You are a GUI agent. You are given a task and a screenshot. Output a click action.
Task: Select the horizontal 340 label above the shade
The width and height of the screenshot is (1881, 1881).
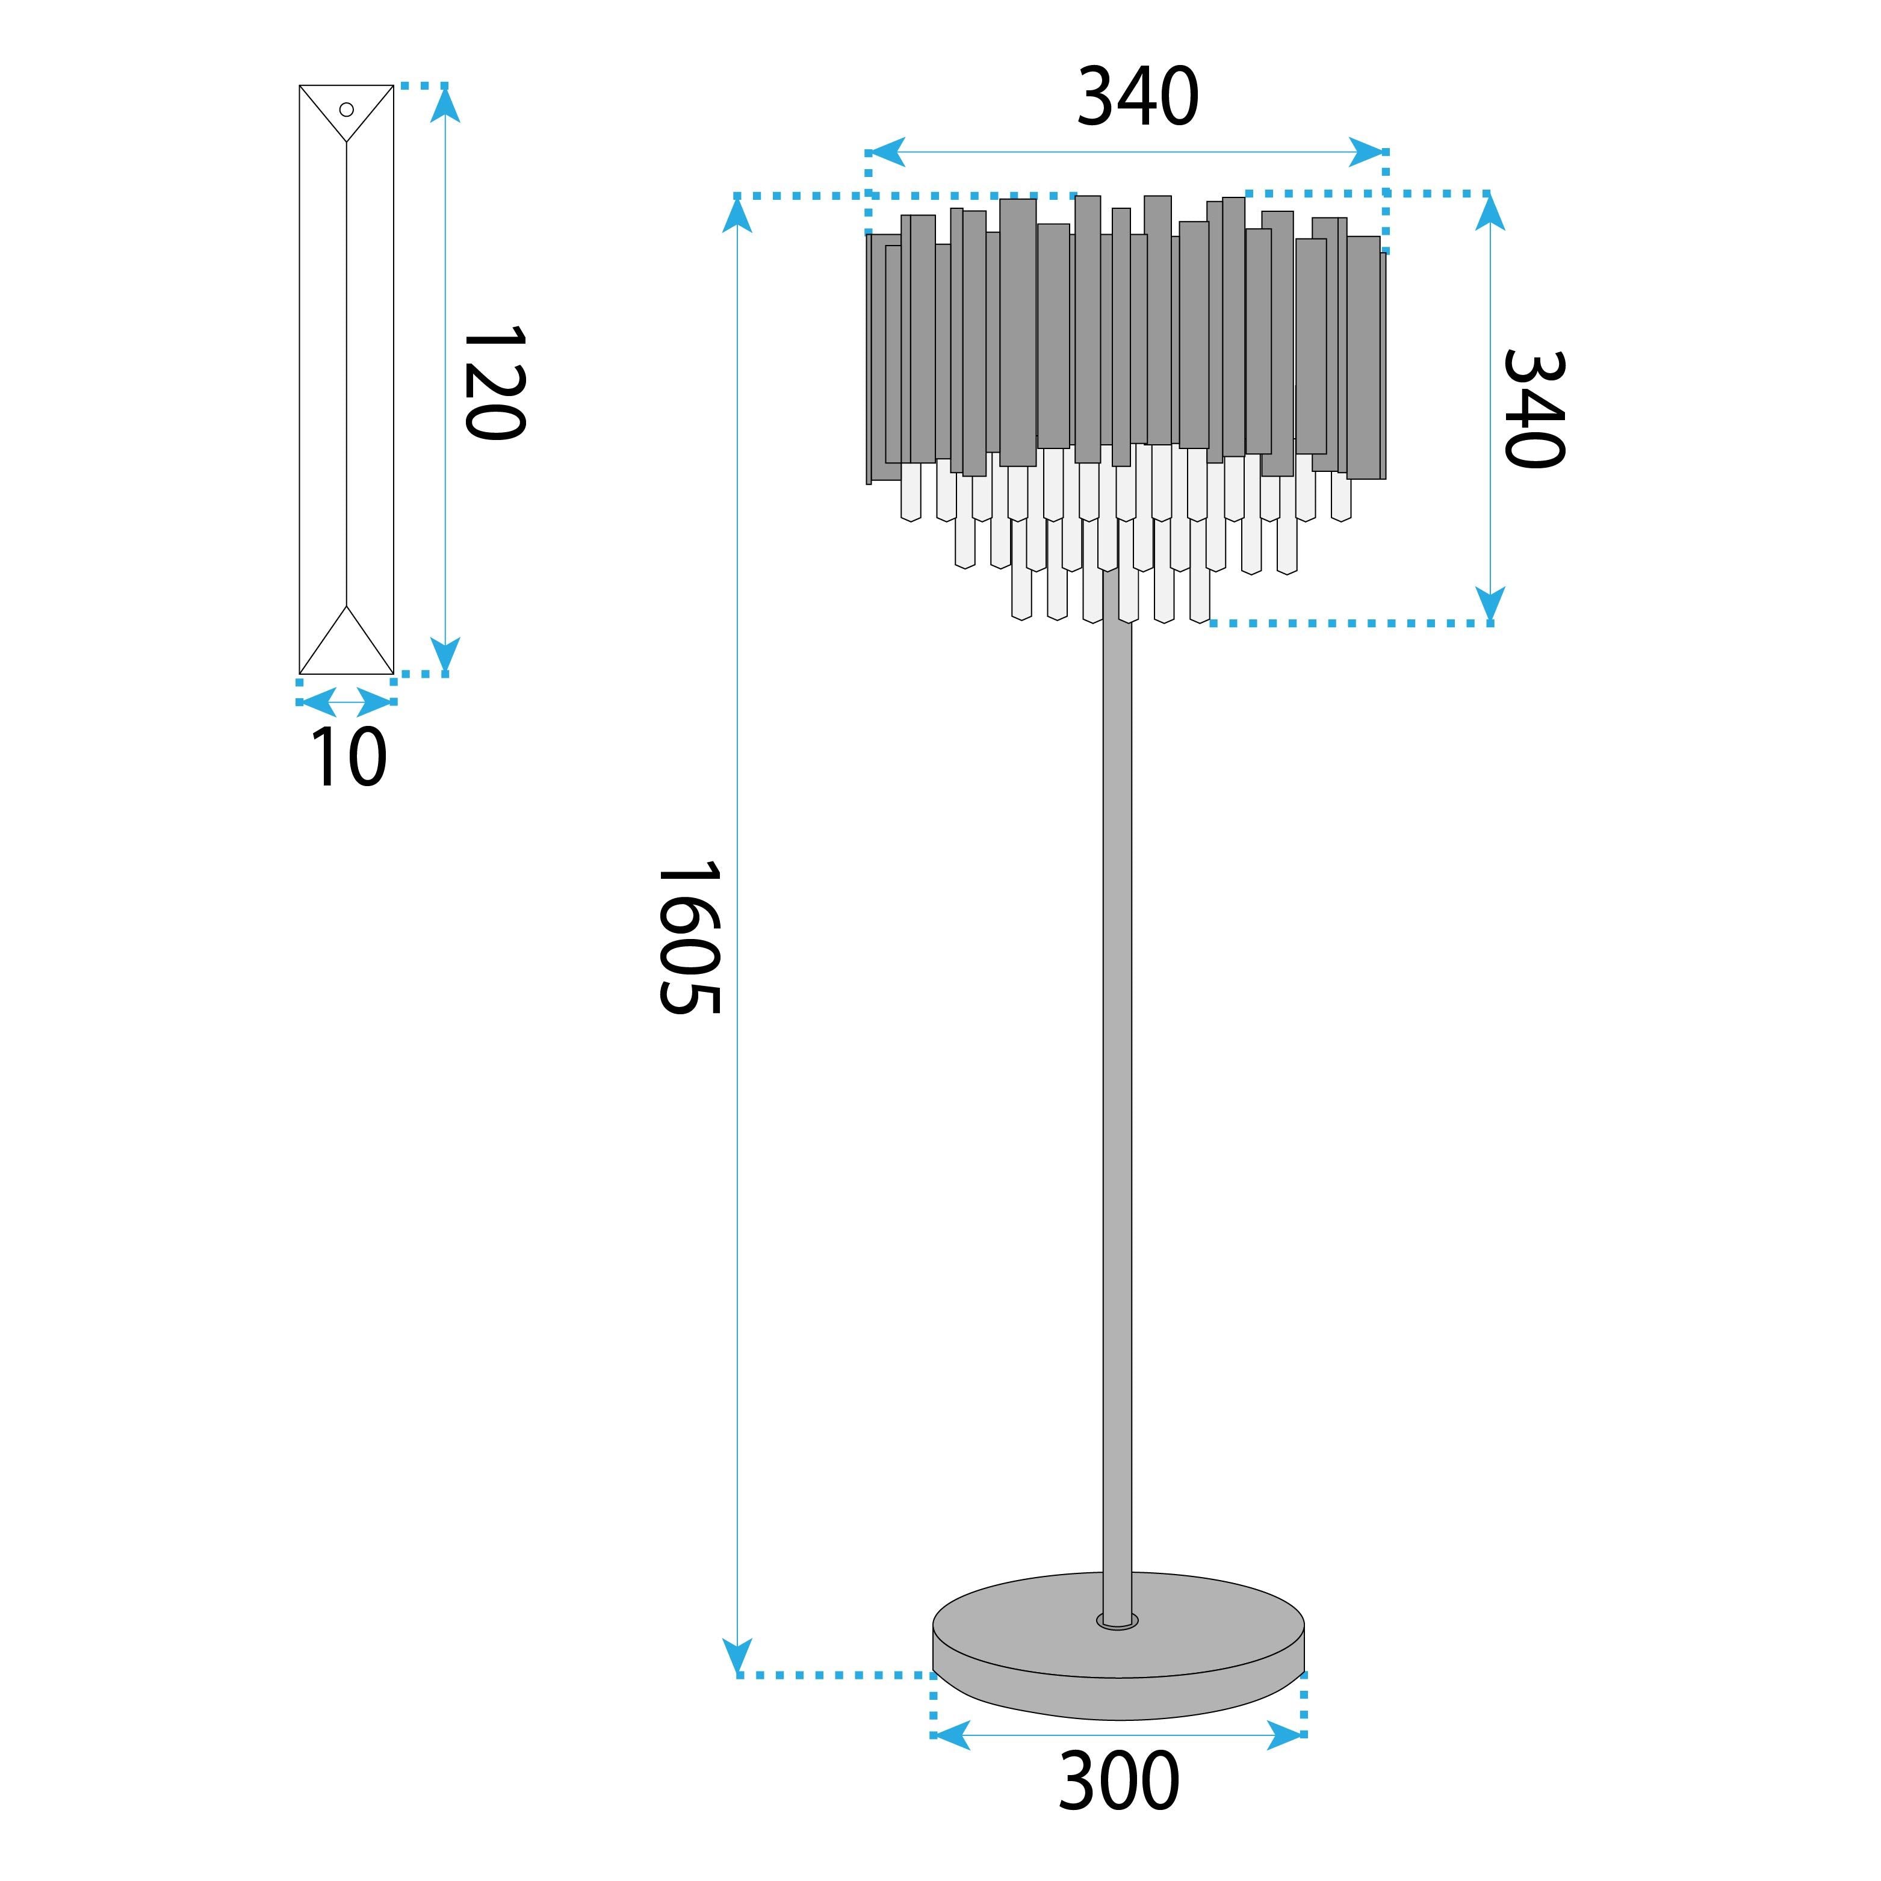1137,98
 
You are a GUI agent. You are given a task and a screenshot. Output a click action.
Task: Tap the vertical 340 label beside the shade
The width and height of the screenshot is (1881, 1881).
1534,408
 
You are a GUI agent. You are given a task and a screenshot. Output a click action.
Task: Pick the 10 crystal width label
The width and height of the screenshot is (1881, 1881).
347,757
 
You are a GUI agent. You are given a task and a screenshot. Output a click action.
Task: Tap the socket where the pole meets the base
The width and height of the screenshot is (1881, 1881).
1117,1621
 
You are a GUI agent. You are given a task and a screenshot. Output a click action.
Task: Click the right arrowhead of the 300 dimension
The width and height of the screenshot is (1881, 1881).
1285,1735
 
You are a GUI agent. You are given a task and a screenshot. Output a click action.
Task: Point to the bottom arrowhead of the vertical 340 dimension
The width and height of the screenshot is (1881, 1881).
1490,604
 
